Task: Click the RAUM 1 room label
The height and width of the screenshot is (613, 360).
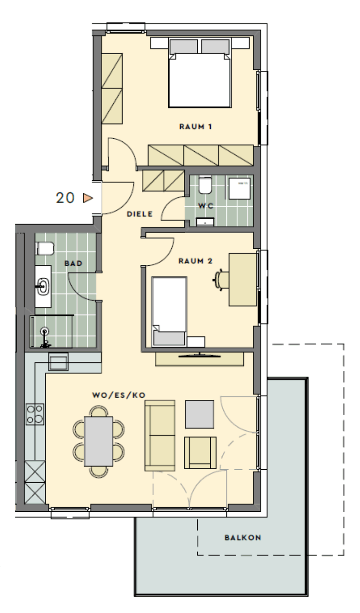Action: [x=195, y=127]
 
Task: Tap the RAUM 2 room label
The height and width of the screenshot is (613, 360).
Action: [x=195, y=261]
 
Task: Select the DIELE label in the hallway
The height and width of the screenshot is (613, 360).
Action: [x=140, y=214]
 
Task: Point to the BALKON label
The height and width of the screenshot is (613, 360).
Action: [x=243, y=538]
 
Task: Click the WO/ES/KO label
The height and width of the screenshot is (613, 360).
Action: [x=119, y=395]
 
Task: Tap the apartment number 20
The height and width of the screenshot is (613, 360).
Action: [x=65, y=197]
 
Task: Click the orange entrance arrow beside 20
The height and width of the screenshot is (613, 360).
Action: [x=88, y=198]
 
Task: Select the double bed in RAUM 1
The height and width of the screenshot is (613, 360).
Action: [x=200, y=73]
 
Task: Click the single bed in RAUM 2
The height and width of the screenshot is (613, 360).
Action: [x=169, y=312]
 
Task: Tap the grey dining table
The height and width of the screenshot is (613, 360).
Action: [x=98, y=441]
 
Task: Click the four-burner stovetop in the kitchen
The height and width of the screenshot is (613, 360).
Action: [x=35, y=414]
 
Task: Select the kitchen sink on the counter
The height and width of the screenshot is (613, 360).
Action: [x=58, y=362]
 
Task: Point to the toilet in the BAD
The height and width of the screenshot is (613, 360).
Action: [x=45, y=248]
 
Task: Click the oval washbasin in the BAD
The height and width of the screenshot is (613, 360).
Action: [x=43, y=287]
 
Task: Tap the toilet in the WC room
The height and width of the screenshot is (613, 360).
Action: [x=205, y=185]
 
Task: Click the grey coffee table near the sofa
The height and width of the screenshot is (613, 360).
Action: [x=200, y=414]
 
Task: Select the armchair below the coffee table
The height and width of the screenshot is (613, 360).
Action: [x=200, y=453]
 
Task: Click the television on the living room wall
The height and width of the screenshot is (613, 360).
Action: [x=200, y=356]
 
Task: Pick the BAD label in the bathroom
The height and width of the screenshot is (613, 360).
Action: [x=73, y=264]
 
